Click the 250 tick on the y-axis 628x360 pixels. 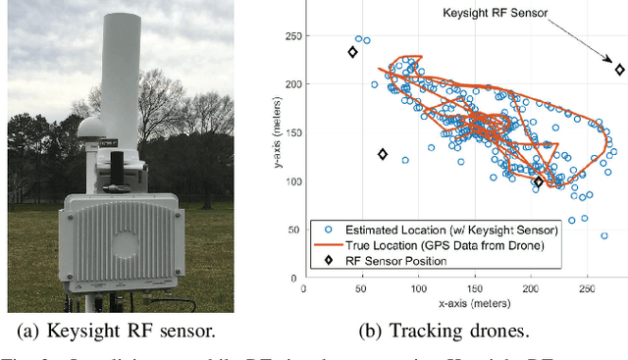(292, 36)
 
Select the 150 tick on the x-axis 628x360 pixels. (475, 291)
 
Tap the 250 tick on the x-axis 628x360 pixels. (588, 291)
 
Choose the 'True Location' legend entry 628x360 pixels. (431, 245)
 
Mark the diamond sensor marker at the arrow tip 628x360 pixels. (619, 70)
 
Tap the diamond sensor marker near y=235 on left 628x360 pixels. (352, 53)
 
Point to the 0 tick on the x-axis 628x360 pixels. (304, 291)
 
